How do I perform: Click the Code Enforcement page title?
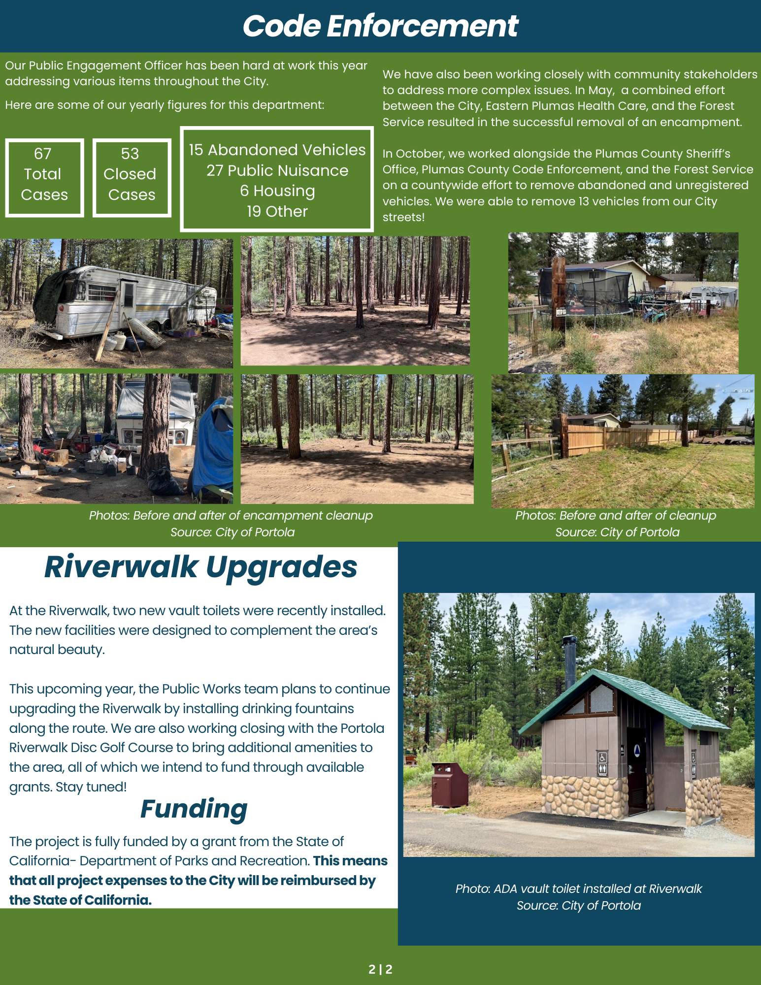[380, 26]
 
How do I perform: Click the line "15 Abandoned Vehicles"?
[277, 150]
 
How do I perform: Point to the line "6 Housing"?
[277, 191]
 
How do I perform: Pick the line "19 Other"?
[277, 211]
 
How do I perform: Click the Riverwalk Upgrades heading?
[200, 567]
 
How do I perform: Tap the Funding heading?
[194, 809]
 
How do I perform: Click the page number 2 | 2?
[380, 969]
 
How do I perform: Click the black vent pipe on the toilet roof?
[570, 660]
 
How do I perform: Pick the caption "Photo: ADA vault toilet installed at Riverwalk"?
[578, 888]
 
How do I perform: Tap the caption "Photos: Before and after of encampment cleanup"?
[231, 515]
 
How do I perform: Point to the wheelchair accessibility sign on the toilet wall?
[602, 757]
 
